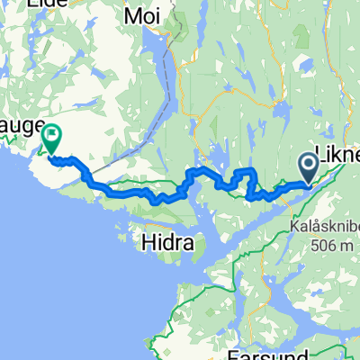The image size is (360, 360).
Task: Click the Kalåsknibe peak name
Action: [x=325, y=203]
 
